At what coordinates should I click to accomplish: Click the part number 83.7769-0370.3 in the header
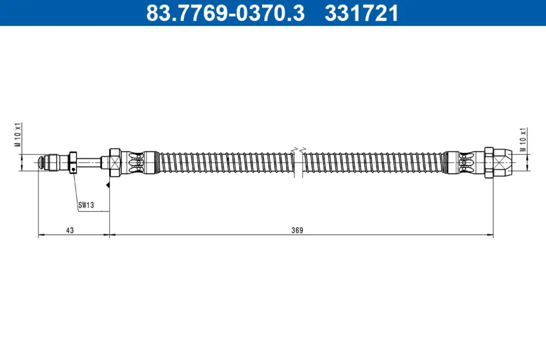[x=225, y=13]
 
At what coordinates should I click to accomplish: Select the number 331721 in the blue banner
[x=362, y=13]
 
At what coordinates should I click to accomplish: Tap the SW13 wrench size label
[x=86, y=205]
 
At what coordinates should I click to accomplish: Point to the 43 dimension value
[x=70, y=230]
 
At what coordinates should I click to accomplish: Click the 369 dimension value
[x=297, y=230]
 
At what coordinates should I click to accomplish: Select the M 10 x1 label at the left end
[x=18, y=135]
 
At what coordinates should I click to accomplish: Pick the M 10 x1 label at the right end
[x=523, y=140]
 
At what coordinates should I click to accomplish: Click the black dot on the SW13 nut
[x=73, y=169]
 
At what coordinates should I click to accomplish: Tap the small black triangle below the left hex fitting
[x=108, y=185]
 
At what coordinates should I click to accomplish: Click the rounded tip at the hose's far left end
[x=41, y=162]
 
